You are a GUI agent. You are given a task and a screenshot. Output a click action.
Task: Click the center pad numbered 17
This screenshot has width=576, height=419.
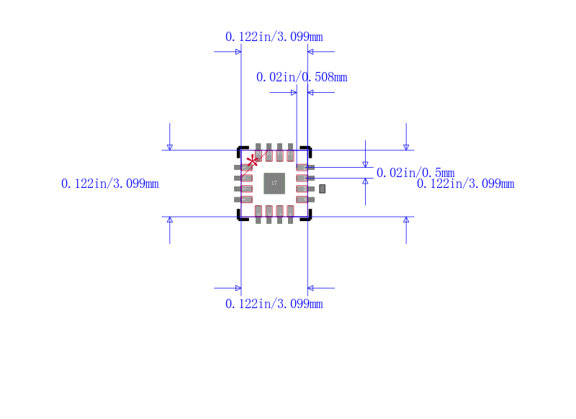pos(274,184)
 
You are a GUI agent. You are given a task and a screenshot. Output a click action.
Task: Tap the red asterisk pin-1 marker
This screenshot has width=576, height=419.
pos(253,161)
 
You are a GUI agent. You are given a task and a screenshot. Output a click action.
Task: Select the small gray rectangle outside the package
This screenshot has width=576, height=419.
pos(323,189)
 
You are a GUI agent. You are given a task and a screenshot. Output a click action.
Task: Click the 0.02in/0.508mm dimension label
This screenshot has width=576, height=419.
pos(302,77)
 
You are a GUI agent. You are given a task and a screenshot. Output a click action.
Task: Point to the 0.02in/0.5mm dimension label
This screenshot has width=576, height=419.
pos(415,173)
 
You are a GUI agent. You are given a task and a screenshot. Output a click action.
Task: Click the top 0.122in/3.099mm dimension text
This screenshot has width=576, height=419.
pos(274,37)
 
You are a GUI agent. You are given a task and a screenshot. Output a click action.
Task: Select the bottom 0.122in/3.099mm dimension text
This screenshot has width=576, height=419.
pos(274,304)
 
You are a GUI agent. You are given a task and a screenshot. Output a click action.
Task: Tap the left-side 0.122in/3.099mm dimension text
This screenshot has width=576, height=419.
pos(110,184)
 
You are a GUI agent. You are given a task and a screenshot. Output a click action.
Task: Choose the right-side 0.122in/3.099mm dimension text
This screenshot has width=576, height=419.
pos(466,184)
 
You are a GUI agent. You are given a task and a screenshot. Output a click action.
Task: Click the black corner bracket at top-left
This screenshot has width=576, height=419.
pos(241,150)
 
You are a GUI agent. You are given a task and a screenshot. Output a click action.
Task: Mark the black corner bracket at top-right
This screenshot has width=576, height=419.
pos(307,150)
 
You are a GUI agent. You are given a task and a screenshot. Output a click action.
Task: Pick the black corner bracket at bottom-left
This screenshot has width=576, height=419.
pos(241,217)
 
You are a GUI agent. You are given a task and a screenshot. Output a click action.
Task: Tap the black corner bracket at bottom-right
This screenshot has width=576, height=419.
pos(307,217)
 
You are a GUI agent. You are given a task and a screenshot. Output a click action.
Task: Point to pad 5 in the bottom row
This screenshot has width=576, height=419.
pos(258,212)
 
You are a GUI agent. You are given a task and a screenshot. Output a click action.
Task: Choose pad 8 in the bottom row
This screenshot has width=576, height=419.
pos(291,212)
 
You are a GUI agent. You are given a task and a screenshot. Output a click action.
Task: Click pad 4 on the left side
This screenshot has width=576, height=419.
pos(245,199)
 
